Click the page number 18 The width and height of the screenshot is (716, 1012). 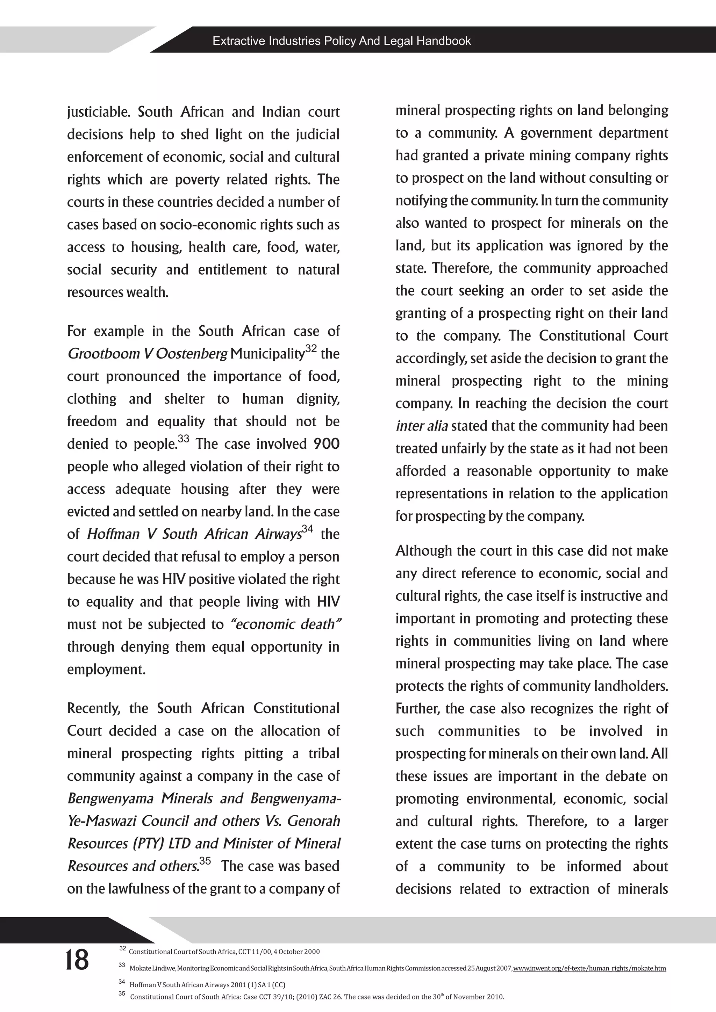(77, 960)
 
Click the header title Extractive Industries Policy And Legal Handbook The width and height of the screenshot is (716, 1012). (342, 41)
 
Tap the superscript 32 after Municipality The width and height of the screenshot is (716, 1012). (311, 348)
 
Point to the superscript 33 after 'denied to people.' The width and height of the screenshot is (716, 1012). (184, 439)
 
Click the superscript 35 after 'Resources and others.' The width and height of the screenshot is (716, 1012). (205, 860)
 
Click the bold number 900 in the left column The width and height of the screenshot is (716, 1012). (326, 443)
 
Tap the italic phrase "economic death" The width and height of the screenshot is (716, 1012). (286, 624)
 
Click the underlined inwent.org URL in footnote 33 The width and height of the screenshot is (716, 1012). (589, 968)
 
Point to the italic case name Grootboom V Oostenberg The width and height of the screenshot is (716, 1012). (148, 354)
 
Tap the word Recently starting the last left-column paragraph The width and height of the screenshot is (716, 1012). (93, 708)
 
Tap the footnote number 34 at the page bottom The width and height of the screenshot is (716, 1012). (122, 982)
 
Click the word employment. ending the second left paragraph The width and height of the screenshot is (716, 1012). (106, 670)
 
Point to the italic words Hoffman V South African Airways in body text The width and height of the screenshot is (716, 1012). (194, 534)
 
